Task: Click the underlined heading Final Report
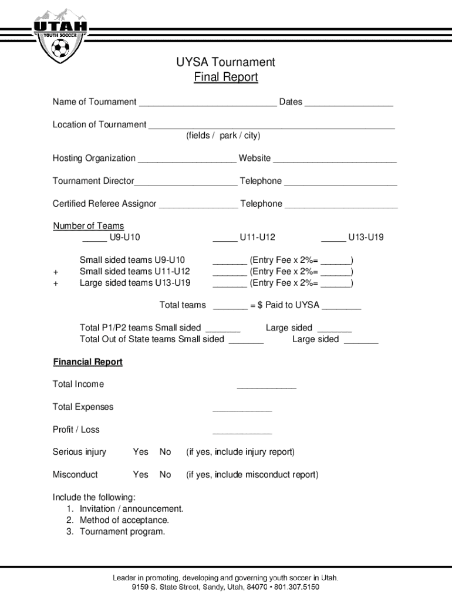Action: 226,77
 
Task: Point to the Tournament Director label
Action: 93,181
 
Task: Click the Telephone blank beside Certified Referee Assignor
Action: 341,205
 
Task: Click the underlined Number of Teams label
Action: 89,226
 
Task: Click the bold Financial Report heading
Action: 88,362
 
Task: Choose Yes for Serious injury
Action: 140,452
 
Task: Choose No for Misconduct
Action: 166,474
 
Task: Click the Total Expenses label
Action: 83,407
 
